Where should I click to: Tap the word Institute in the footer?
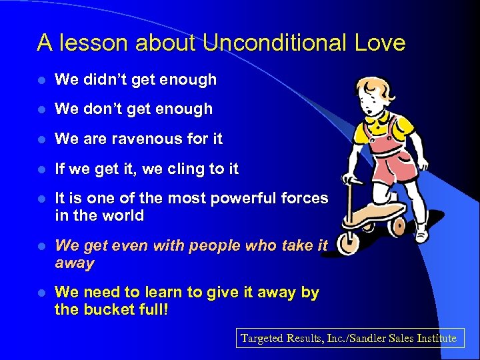(x=433, y=338)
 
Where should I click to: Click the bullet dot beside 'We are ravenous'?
(x=41, y=139)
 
